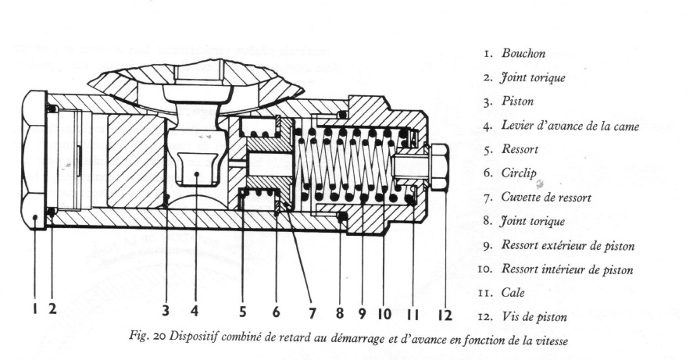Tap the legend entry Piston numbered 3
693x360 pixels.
523,102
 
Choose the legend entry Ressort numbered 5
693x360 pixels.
526,148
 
